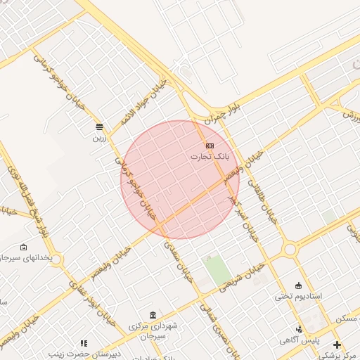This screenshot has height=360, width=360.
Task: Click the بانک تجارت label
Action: coord(210,157)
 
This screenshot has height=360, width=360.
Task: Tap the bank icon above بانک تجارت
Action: coord(210,146)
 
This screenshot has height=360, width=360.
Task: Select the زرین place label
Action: coord(99,138)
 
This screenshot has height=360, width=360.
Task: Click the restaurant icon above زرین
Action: coord(99,127)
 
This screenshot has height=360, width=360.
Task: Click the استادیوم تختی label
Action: coord(298,296)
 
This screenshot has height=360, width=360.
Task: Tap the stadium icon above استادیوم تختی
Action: coord(298,285)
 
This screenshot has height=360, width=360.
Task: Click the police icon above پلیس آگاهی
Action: coord(300,329)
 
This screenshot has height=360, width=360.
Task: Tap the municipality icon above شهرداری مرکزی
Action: coord(153,314)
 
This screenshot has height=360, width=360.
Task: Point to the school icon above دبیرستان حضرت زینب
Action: coord(84,343)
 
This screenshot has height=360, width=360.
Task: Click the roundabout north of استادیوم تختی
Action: coord(290,249)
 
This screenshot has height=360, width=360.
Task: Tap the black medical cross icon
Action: coord(337,345)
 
